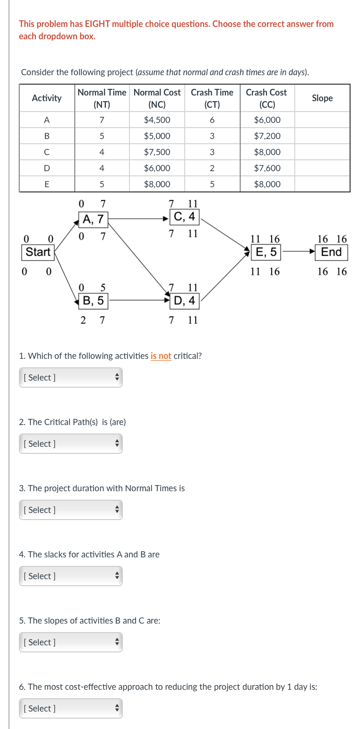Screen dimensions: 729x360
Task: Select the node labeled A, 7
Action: point(94,219)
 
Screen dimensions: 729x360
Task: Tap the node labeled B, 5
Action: point(94,300)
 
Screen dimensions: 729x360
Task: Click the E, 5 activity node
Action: point(266,252)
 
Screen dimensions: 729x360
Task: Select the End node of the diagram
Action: point(331,252)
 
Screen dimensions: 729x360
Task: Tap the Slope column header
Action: point(322,98)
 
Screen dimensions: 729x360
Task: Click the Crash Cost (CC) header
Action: point(266,98)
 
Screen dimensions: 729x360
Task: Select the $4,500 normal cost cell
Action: point(157,120)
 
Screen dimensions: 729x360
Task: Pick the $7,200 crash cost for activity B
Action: point(267,136)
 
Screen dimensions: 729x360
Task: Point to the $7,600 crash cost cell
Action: point(267,168)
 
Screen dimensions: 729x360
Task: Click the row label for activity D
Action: point(46,168)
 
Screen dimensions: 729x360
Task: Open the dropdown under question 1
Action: point(71,377)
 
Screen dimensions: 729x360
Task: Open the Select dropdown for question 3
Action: point(71,510)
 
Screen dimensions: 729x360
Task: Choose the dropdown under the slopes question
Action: point(71,642)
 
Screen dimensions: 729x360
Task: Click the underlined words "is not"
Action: point(161,356)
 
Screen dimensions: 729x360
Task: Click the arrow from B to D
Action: point(139,300)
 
